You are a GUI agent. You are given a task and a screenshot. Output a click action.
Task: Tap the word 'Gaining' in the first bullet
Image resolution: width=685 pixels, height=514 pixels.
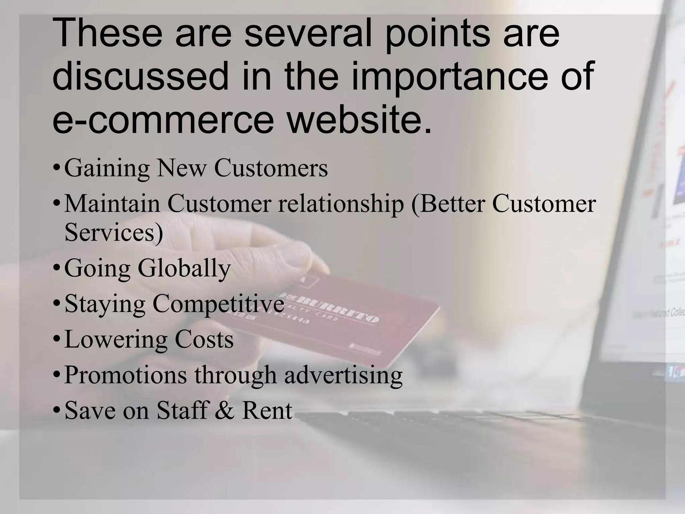click(x=107, y=168)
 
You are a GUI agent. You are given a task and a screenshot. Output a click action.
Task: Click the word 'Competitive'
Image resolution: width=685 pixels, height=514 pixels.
click(x=218, y=304)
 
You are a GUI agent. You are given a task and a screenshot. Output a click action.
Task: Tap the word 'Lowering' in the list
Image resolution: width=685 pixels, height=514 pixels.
click(x=116, y=340)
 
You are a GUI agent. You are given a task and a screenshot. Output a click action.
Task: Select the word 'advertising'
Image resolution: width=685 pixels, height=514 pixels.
click(x=343, y=375)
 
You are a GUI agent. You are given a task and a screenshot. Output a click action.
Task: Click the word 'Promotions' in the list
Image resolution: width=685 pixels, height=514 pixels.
click(x=125, y=375)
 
